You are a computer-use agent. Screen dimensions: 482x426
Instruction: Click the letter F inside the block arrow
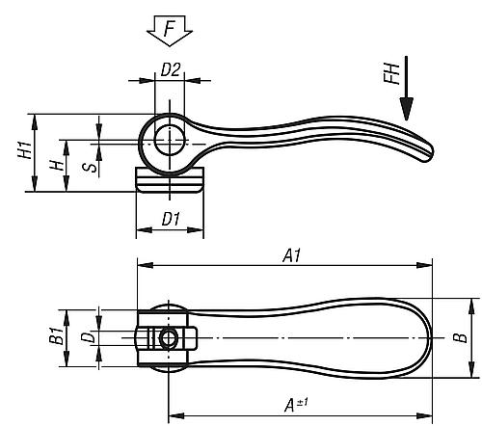pos(169,28)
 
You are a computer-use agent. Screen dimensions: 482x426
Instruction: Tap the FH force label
pos(391,73)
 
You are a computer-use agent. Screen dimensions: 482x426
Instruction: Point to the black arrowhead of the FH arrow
pos(407,109)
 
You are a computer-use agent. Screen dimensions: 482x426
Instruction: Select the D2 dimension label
pos(171,69)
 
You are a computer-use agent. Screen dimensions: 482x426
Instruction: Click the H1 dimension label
pos(25,149)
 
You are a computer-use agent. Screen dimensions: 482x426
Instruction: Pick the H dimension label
pos(57,166)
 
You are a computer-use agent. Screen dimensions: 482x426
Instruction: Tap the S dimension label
pos(90,168)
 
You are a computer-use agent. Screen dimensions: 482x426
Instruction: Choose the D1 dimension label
pos(171,219)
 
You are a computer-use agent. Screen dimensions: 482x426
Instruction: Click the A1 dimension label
pos(292,255)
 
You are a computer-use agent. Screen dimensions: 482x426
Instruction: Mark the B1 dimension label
pos(57,335)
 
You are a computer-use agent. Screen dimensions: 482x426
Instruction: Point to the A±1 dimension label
pos(296,405)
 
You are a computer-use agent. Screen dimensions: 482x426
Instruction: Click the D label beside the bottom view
pos(88,336)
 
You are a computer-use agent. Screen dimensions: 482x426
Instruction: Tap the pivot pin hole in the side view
pos(170,140)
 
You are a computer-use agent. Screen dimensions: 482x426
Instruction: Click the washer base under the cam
pos(170,179)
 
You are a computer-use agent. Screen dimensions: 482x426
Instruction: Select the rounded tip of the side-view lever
pos(427,154)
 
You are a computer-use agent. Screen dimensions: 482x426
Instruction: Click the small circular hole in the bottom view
pos(168,338)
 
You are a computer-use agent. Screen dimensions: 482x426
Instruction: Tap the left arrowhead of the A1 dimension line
pos(146,265)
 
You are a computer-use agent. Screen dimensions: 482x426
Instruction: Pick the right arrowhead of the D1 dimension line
pos(196,229)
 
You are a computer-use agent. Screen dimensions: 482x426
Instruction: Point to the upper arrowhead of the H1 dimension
pos(35,122)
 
